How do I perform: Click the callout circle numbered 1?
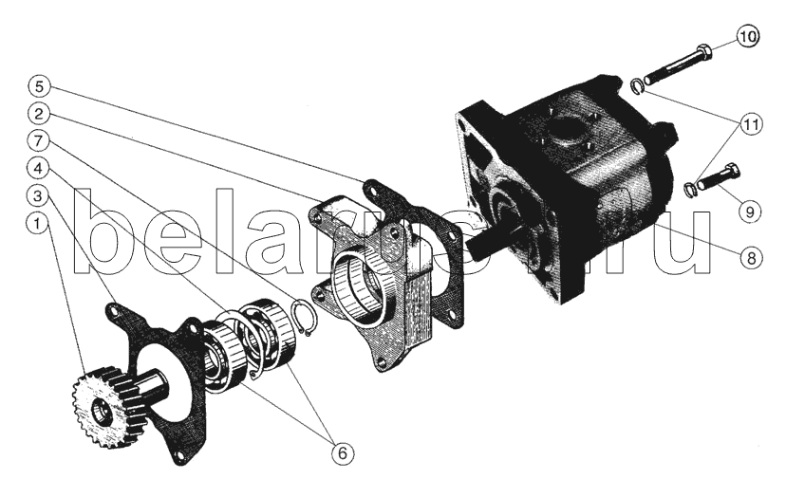pos(37,224)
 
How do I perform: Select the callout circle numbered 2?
pos(39,114)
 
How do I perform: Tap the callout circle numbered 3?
pos(38,196)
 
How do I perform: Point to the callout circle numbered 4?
pos(38,168)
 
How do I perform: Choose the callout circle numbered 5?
pos(39,86)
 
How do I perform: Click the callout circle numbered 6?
pos(343,453)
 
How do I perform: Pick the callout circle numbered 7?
pos(39,141)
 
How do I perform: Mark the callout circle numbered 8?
pos(751,258)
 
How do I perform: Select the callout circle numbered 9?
pos(750,212)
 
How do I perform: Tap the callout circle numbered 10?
pos(748,37)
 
